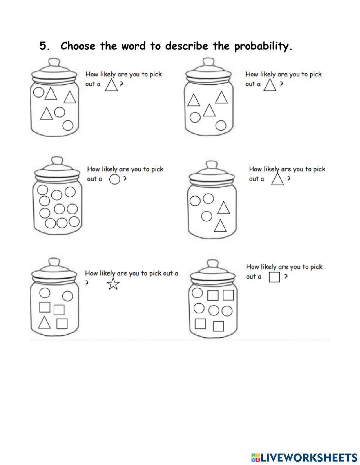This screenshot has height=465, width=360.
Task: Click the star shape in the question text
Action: pos(113,284)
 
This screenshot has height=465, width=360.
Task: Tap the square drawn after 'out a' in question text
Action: pos(274,277)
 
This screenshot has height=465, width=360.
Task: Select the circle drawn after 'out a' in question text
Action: pos(114,179)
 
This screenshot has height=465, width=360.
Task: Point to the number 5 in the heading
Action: pos(44,46)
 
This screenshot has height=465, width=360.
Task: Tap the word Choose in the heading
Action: pos(78,46)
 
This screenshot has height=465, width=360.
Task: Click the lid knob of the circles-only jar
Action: pos(56,160)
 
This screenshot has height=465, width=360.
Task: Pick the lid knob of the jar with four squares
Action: pos(212,264)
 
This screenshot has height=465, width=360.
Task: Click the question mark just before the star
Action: pos(87,283)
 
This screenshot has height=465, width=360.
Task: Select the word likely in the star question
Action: pos(107,273)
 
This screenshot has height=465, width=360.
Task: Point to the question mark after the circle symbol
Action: pos(125,179)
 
